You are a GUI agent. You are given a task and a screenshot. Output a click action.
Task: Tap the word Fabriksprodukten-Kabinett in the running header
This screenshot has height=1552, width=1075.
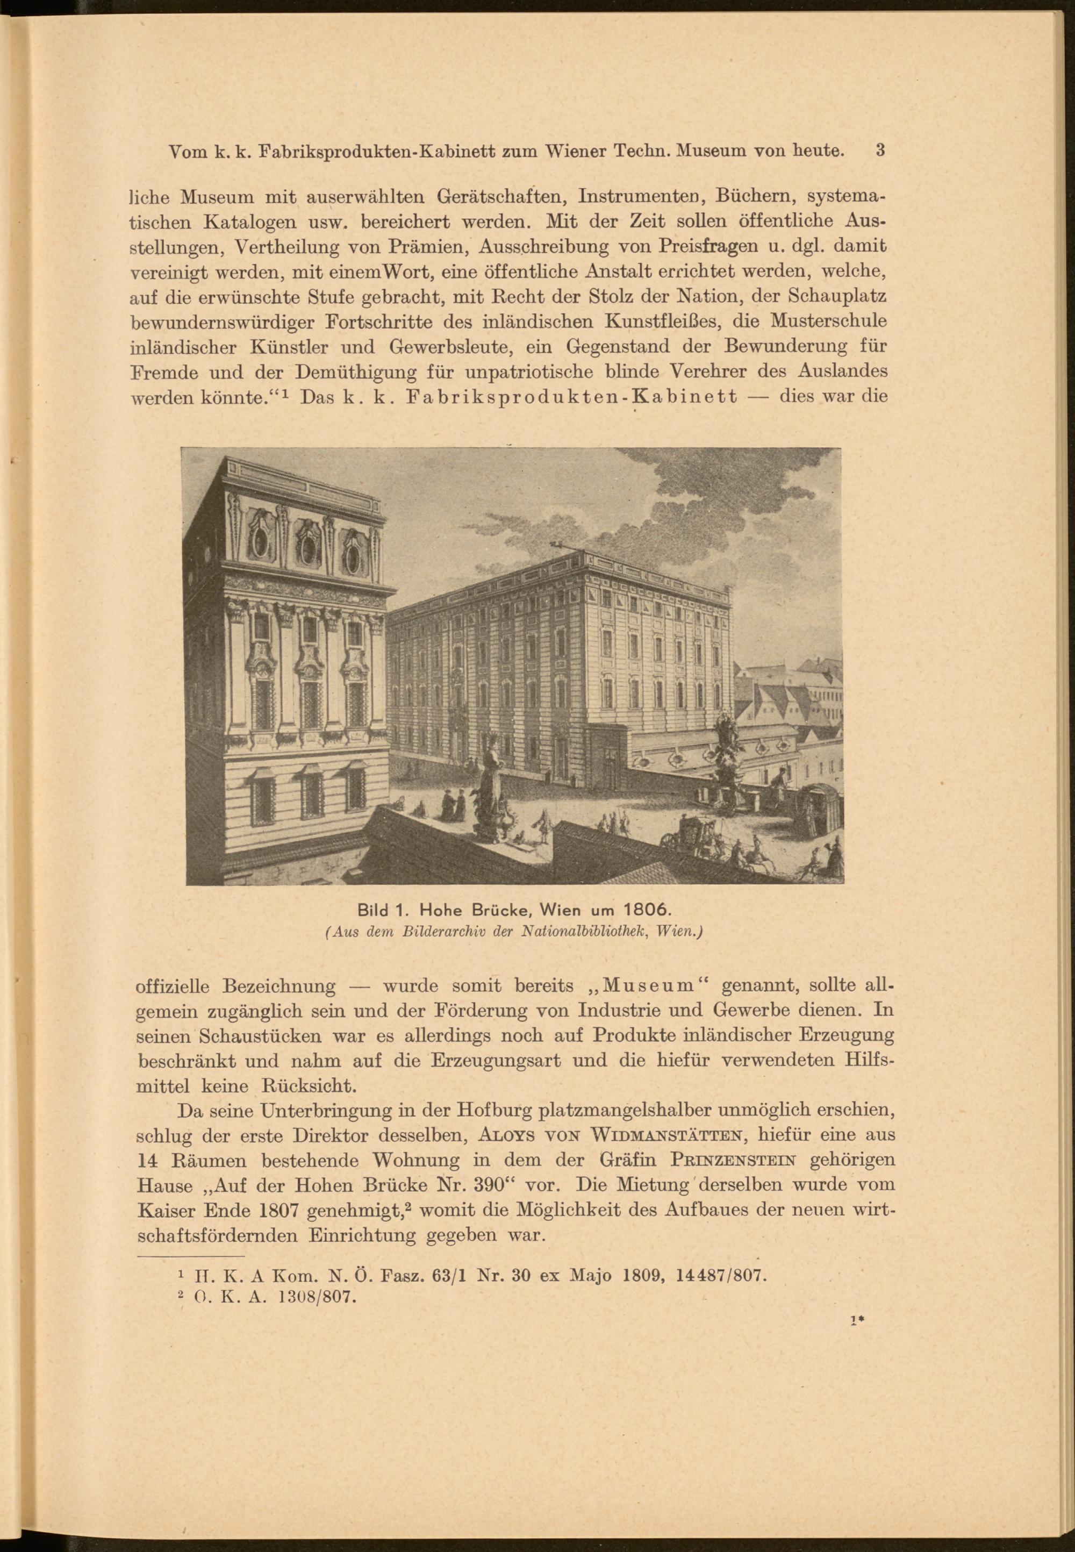tap(352, 151)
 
